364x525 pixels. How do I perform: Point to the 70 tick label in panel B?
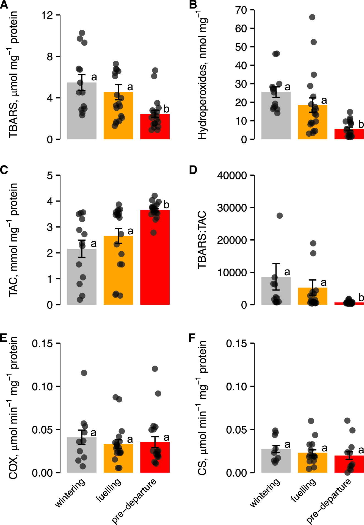[241, 10]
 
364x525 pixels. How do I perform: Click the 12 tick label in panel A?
[47, 15]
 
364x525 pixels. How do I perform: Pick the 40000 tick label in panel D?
[232, 175]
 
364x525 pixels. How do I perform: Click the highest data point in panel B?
[312, 17]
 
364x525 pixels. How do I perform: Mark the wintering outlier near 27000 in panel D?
[280, 216]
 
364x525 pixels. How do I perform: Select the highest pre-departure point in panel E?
[155, 369]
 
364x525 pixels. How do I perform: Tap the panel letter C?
[4, 170]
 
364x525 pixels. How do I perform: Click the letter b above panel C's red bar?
[166, 205]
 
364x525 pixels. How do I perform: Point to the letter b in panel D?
[361, 297]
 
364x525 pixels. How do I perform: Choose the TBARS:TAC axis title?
[202, 240]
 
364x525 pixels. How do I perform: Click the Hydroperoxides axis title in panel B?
[203, 74]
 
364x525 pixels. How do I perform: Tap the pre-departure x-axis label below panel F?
[329, 501]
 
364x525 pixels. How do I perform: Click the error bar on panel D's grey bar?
[276, 277]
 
